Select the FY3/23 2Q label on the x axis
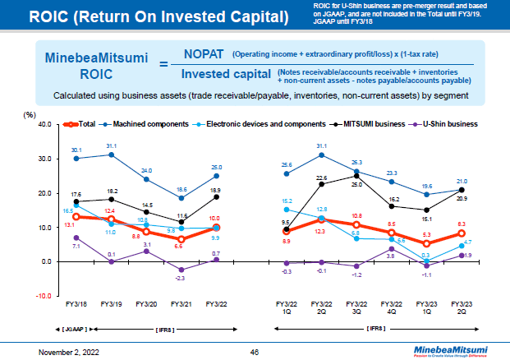(463, 307)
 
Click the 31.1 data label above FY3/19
(112, 145)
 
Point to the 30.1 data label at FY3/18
(76, 150)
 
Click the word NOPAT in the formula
(205, 54)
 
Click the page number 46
(255, 351)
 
